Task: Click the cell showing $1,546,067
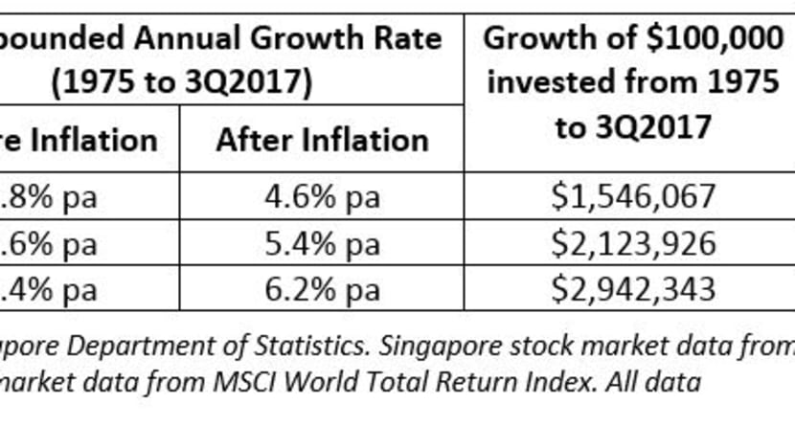click(633, 197)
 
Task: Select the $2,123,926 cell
click(633, 243)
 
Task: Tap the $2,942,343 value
click(633, 289)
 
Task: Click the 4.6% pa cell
click(322, 197)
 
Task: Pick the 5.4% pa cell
click(322, 243)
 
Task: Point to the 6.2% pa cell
click(322, 289)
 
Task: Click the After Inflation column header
click(322, 141)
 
